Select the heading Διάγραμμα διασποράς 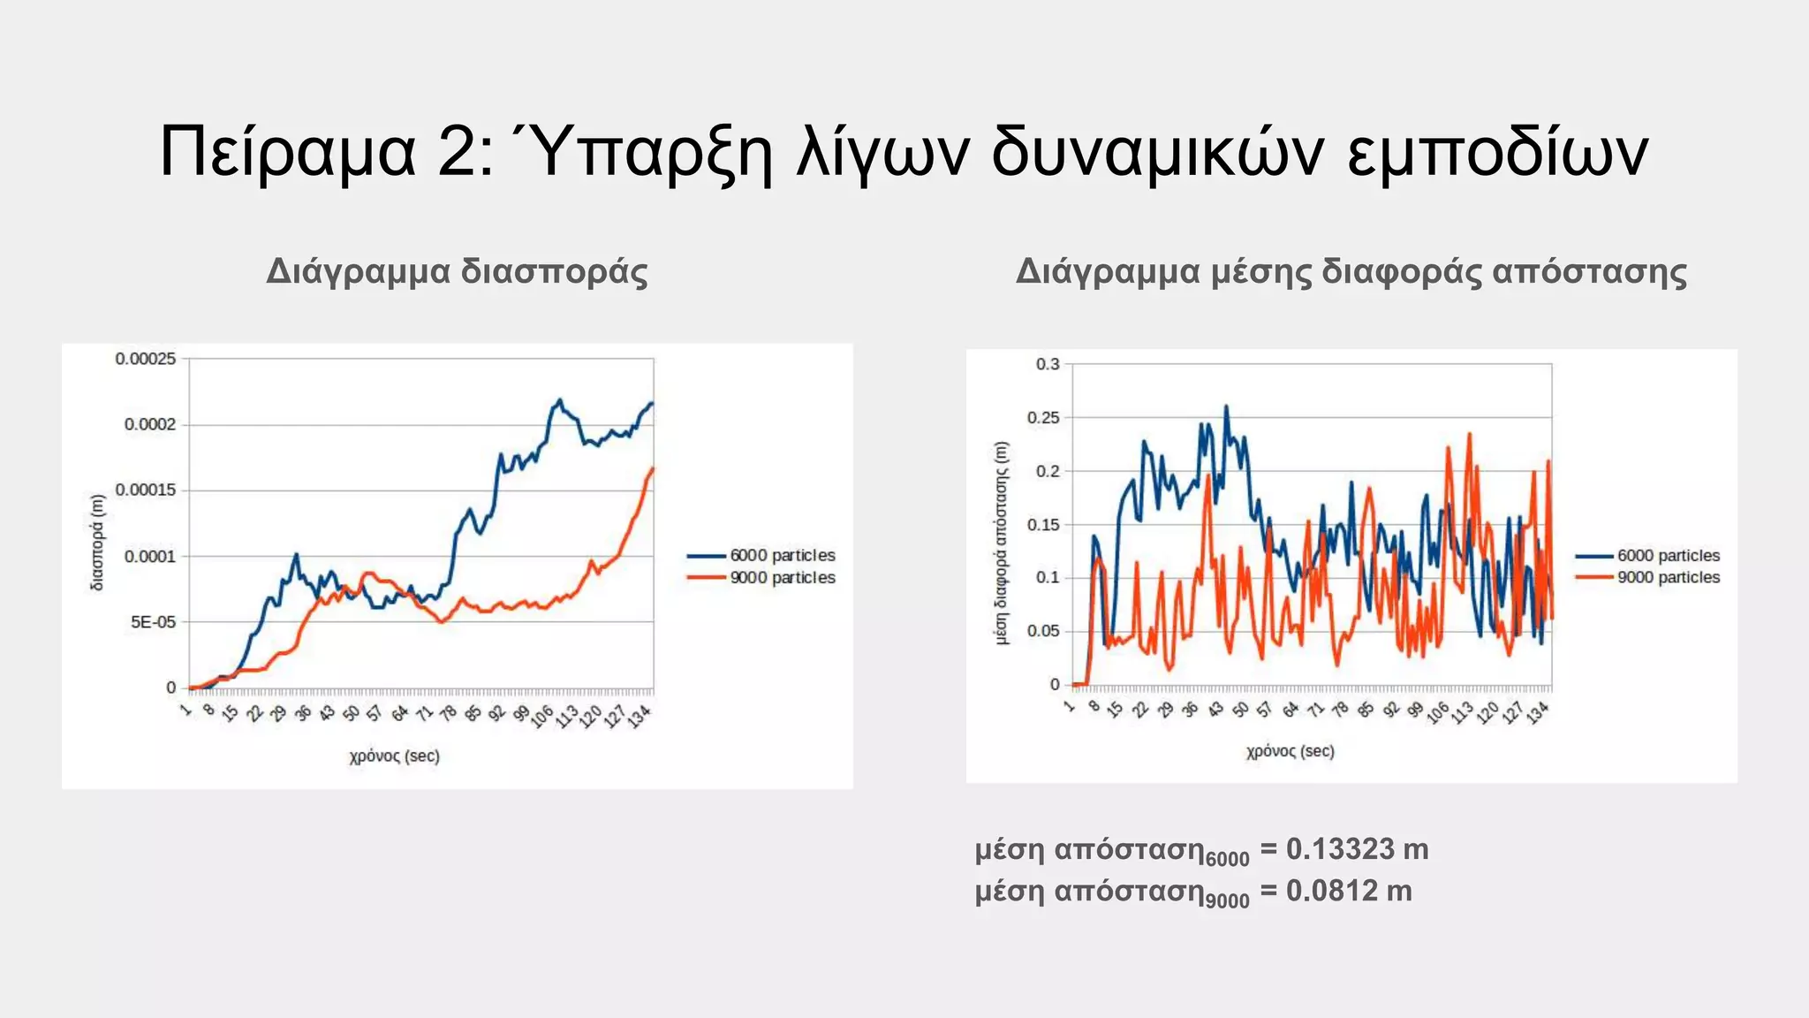[x=457, y=271]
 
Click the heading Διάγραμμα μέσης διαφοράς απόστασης [x=1351, y=271]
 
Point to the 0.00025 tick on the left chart [x=146, y=359]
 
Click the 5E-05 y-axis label [x=153, y=622]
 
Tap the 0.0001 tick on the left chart [x=150, y=557]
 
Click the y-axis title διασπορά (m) [x=97, y=542]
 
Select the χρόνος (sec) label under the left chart [x=394, y=756]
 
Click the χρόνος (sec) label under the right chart [x=1290, y=751]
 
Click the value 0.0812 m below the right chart [x=1348, y=891]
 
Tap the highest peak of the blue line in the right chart [x=1226, y=407]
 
